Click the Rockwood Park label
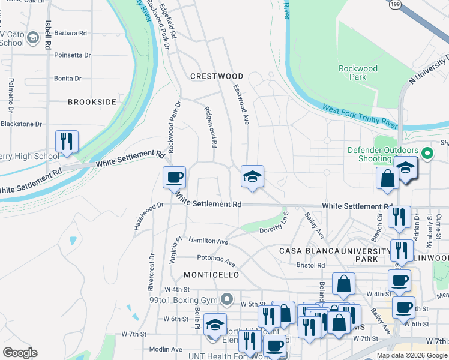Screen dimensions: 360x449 coord(358,73)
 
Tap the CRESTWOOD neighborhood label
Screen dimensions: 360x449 coord(217,76)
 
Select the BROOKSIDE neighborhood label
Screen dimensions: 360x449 coord(92,102)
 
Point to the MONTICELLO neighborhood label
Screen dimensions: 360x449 coord(211,275)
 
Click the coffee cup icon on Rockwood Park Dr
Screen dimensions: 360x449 coord(175,177)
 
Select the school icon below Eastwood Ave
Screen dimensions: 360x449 coord(252,176)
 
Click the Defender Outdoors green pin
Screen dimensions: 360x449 coord(427,154)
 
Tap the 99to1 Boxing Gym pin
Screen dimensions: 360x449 coord(226,298)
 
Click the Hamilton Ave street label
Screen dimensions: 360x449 coord(208,241)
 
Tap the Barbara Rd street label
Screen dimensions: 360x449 coord(71,33)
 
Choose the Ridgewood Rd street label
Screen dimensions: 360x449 coord(211,127)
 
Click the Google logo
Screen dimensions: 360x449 coord(20,353)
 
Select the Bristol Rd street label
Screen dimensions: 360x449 coord(310,265)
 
